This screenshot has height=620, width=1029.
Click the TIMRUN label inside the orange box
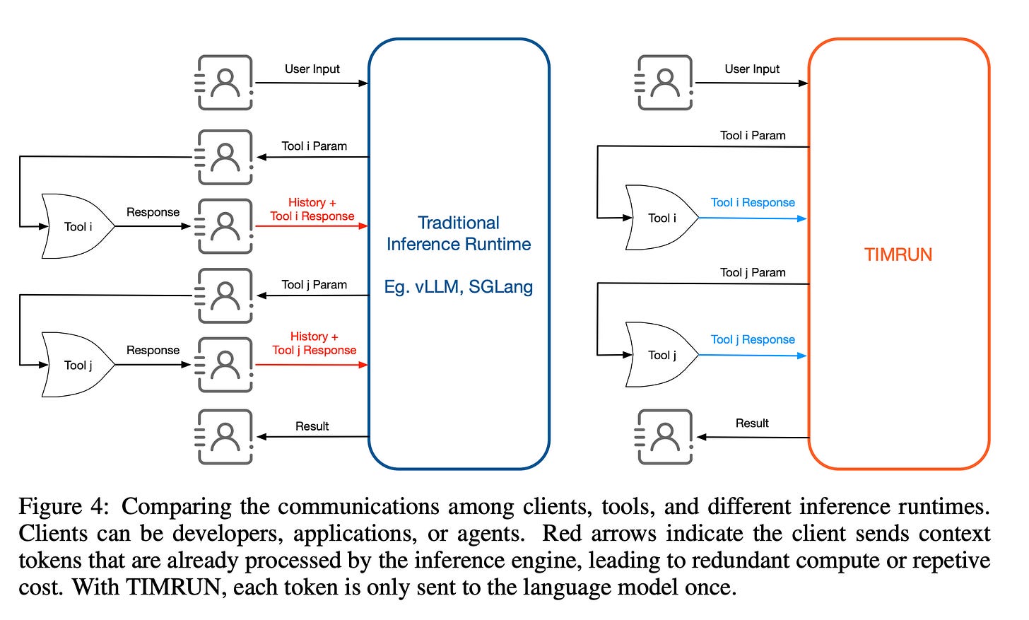coord(898,255)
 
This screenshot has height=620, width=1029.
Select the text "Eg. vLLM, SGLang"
coord(458,287)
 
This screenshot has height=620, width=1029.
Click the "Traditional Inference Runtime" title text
coord(458,233)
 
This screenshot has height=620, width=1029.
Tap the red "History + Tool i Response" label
coord(312,209)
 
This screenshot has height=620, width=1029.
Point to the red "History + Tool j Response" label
coord(314,344)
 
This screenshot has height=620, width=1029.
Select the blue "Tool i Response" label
coord(753,203)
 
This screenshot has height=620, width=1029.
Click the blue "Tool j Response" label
coord(753,340)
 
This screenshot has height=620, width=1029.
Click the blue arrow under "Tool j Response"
coord(753,355)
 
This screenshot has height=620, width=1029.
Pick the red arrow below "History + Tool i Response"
coord(311,226)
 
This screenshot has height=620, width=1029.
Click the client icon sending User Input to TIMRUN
coord(664,83)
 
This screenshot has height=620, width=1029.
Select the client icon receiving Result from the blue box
coord(225,437)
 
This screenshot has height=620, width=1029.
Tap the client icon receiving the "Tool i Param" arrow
coord(225,157)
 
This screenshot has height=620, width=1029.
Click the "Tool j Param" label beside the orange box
coord(753,273)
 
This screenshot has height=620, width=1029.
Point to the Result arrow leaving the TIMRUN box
coord(753,438)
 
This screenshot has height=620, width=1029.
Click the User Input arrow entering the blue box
coord(311,83)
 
